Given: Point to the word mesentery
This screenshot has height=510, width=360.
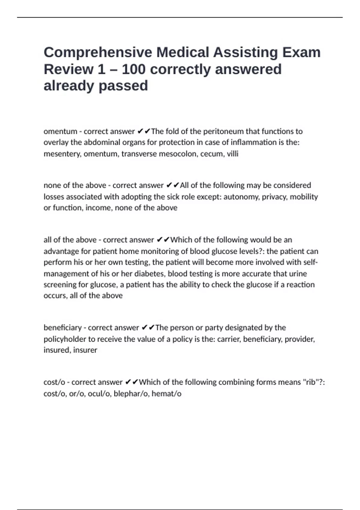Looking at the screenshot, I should (62, 154).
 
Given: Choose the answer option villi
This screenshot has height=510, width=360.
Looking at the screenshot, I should (232, 154).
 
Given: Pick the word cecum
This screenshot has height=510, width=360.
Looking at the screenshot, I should (212, 154).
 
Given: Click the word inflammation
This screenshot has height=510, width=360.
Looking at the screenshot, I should (253, 142).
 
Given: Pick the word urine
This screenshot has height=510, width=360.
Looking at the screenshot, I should (298, 274).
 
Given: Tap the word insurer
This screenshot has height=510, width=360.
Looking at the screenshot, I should (85, 350).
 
